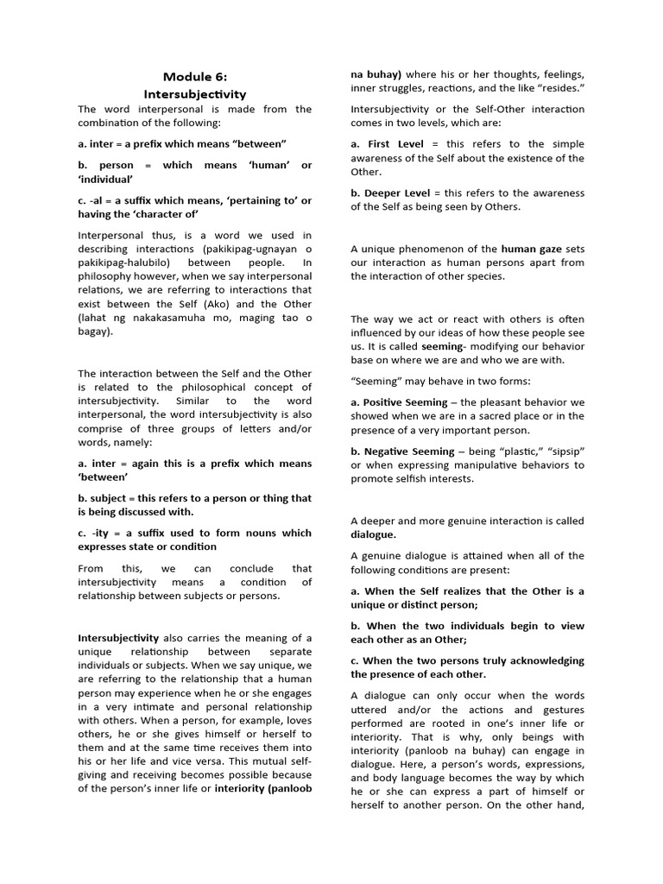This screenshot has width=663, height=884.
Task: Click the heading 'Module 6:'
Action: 194,77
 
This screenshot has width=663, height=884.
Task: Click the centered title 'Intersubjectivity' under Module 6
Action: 194,94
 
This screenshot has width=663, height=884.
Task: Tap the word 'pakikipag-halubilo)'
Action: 129,262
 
